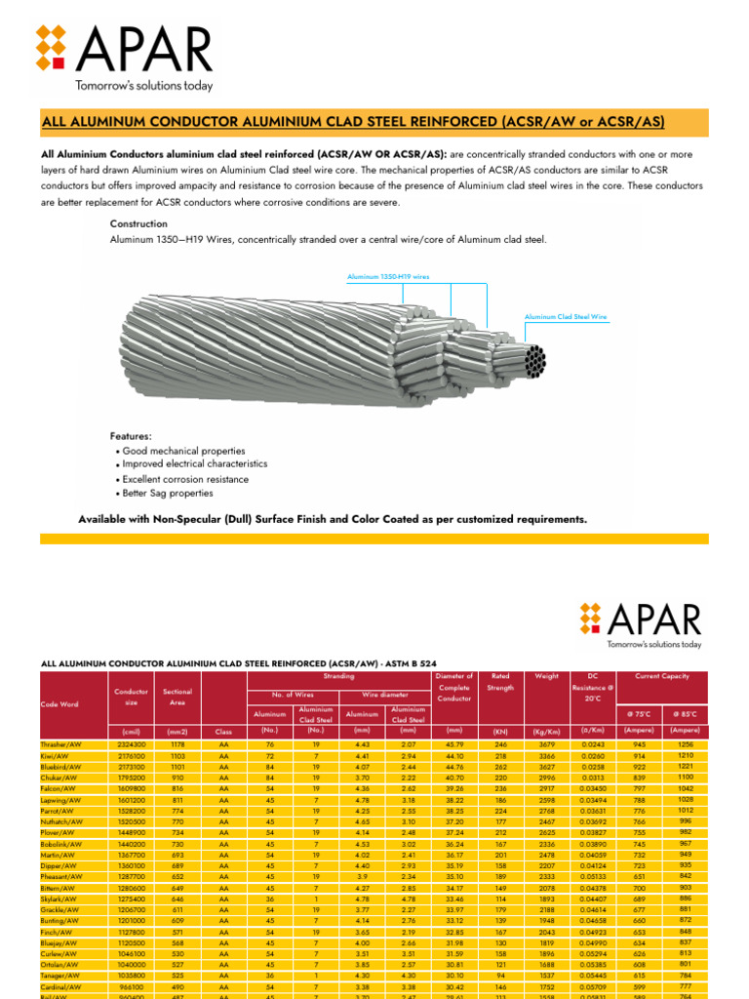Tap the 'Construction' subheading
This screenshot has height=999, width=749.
point(139,224)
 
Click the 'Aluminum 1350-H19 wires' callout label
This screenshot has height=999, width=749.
point(388,277)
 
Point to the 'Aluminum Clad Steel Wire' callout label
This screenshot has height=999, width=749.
point(566,317)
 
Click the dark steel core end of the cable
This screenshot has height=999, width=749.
point(533,360)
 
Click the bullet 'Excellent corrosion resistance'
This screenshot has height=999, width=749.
point(185,479)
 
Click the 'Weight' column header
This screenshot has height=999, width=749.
point(546,675)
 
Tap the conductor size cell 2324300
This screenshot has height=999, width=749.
point(130,744)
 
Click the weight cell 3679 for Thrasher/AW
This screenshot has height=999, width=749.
point(546,744)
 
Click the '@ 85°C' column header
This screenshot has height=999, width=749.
point(684,714)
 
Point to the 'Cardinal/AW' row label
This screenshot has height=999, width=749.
point(60,984)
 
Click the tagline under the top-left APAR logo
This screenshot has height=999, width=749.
point(143,86)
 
